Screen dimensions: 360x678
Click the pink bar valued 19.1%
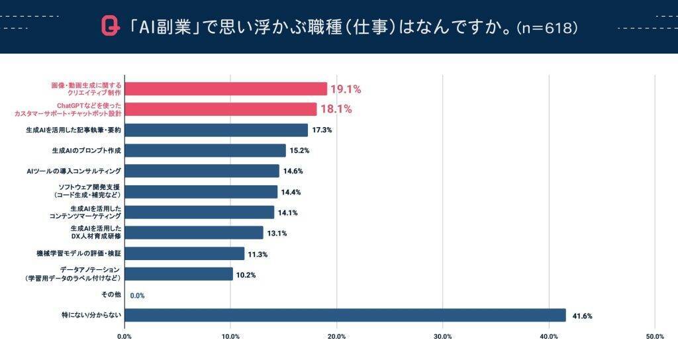click(x=226, y=89)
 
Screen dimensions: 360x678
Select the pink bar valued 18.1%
click(x=220, y=109)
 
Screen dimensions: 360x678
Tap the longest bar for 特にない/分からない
click(x=345, y=315)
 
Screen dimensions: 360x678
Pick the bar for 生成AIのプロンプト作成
click(x=205, y=150)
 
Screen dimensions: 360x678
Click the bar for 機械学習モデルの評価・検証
click(x=185, y=253)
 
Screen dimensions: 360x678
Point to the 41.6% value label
click(x=581, y=316)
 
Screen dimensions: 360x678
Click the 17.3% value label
click(x=322, y=130)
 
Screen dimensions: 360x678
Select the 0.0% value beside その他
click(x=137, y=296)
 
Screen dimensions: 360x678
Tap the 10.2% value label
click(x=246, y=275)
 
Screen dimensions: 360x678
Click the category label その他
click(x=112, y=294)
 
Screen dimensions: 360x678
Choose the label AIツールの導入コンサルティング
click(x=73, y=171)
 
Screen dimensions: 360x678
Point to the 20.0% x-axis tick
click(x=336, y=337)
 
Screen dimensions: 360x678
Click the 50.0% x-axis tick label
click(x=655, y=337)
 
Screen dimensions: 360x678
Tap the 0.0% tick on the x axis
click(x=124, y=337)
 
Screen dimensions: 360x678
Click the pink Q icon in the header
click(x=110, y=26)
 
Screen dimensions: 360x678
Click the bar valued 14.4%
click(x=201, y=192)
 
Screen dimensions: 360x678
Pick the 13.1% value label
click(x=277, y=234)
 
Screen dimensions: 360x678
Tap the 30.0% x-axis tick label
click(x=442, y=337)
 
